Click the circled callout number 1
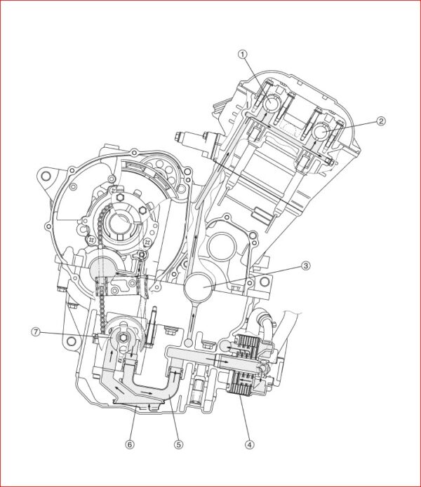click(243, 55)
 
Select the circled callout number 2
click(381, 121)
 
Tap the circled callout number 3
click(305, 266)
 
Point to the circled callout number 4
click(249, 444)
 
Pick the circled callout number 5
click(178, 444)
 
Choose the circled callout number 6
click(130, 444)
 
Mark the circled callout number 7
click(36, 332)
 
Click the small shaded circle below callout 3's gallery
click(189, 343)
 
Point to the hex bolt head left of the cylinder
click(178, 136)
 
